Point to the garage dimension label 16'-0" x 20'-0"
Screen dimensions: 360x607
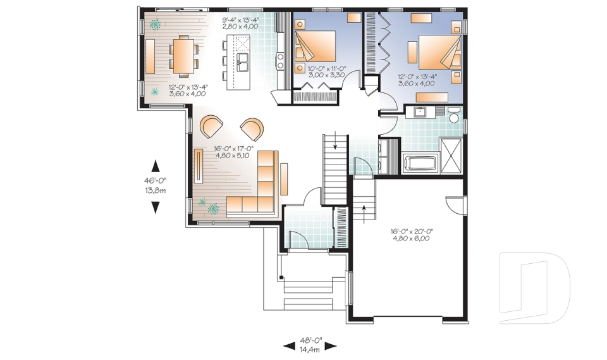[x=410, y=235]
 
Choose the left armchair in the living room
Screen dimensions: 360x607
[x=212, y=125]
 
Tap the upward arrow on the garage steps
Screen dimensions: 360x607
[x=365, y=212]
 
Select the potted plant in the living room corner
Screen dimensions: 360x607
[x=213, y=206]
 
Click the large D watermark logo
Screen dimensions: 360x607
[x=534, y=289]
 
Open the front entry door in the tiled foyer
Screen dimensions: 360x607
[x=297, y=240]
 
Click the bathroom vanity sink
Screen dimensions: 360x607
[x=420, y=113]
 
